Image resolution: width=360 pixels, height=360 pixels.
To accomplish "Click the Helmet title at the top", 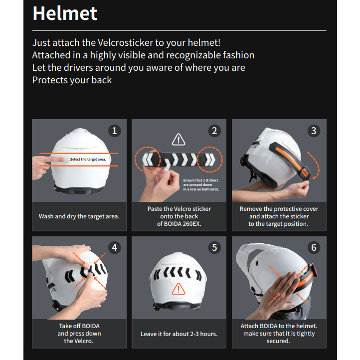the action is coord(65,13).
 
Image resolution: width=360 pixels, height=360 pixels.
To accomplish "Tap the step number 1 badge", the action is coord(115,131).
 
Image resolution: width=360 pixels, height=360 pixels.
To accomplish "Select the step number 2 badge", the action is coord(214,131).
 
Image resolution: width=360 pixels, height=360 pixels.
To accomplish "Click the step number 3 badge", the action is coord(314,131).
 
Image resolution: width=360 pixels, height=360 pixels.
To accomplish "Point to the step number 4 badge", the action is coord(115,247).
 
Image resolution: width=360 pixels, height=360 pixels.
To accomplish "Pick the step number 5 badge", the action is coord(214,247).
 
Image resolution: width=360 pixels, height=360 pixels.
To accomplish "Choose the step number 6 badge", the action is coord(314,247).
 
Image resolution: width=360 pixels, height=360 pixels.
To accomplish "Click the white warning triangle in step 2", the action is coord(179,139).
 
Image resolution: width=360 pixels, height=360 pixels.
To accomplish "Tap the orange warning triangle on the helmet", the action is coord(179,289).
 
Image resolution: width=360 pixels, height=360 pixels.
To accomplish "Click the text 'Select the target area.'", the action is coord(88,160).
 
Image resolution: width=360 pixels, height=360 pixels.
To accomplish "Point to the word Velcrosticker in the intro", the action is coord(125,43).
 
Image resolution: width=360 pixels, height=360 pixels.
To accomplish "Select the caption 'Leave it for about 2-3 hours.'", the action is coord(179,334).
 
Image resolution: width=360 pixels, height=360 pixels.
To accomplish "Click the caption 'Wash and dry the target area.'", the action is coord(79,216).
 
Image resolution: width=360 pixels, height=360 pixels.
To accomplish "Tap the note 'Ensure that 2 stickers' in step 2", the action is coord(200,180).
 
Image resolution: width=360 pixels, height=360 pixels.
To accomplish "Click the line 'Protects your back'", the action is coord(72,80).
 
